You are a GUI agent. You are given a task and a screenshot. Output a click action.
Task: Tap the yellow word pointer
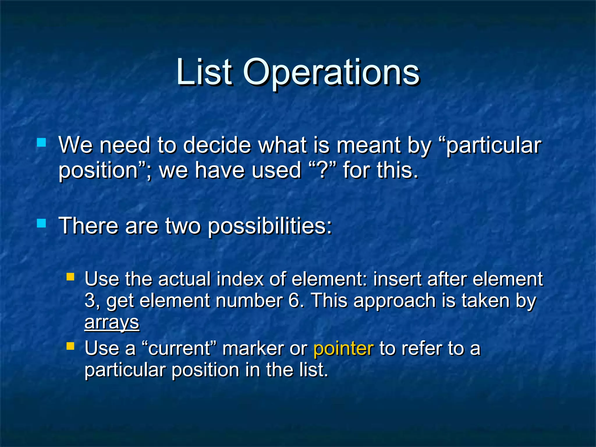[x=343, y=348]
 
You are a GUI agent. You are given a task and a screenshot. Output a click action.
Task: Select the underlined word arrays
[x=112, y=322]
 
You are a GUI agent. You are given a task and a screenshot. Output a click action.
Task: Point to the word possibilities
[x=270, y=226]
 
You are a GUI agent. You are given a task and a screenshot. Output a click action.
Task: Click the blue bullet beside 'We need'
[x=42, y=143]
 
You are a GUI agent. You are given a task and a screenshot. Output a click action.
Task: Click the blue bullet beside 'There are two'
[x=42, y=223]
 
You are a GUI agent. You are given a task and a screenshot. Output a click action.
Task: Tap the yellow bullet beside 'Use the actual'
[x=70, y=276]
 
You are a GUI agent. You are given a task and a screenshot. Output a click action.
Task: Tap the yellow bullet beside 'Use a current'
[x=70, y=346]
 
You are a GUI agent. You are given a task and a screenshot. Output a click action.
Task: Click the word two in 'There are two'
[x=182, y=226]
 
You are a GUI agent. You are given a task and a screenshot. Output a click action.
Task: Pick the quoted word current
[x=179, y=348]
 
